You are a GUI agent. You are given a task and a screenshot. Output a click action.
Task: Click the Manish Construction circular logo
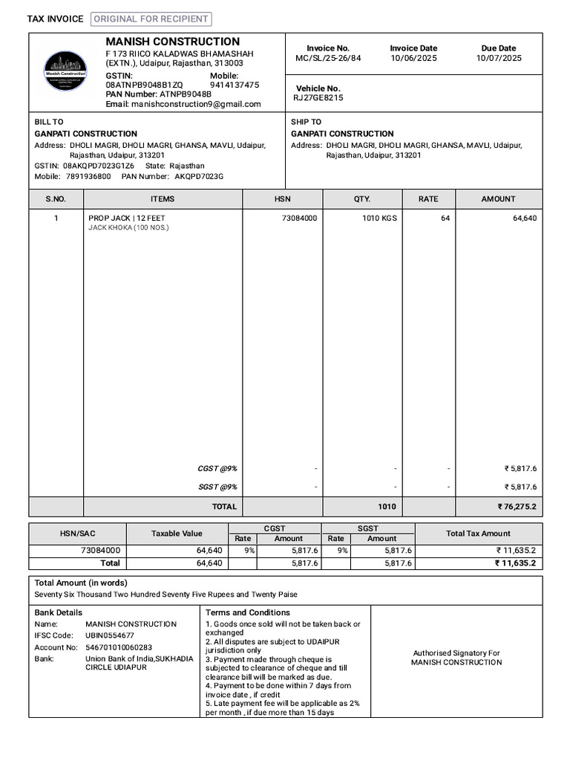[x=65, y=71]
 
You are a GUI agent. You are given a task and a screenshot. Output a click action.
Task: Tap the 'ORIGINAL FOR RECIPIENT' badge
[x=151, y=19]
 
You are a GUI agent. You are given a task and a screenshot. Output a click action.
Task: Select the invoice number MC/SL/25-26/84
[x=328, y=58]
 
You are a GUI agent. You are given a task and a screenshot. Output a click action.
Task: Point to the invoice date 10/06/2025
[x=413, y=58]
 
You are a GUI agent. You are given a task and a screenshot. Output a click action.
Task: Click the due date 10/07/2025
[x=499, y=58]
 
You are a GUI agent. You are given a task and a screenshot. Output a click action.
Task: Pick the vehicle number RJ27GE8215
[x=318, y=97]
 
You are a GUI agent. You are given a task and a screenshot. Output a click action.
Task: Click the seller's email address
[x=196, y=104]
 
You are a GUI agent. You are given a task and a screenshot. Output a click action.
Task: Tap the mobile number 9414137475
[x=235, y=85]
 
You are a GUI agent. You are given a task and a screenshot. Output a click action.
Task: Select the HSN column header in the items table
[x=282, y=199]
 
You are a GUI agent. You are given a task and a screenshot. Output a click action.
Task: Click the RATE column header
[x=428, y=199]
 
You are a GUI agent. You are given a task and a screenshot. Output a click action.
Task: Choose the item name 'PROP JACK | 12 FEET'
[x=127, y=218]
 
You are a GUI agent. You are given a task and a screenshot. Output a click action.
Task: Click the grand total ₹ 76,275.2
[x=517, y=507]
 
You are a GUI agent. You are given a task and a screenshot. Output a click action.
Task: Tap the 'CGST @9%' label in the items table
[x=217, y=469]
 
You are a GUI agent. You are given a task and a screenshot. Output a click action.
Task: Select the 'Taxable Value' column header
[x=177, y=534]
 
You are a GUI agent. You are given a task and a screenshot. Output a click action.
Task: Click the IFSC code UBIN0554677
[x=110, y=636]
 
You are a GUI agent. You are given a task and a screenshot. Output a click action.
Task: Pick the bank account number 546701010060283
[x=119, y=647]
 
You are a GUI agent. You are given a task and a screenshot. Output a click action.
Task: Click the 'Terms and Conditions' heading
[x=247, y=613]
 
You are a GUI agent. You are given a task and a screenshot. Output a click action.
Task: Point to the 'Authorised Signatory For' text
[x=456, y=653]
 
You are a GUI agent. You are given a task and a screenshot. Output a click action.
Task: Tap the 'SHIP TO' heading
[x=306, y=122]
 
